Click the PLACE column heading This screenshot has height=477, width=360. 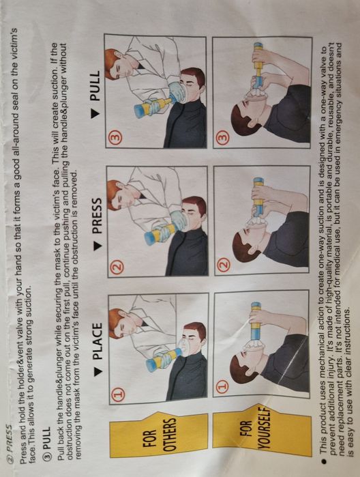click(x=97, y=341)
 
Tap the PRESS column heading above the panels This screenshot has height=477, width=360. click(x=97, y=216)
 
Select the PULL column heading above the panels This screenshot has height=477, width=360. click(x=95, y=86)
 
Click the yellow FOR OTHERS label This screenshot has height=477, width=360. click(x=158, y=434)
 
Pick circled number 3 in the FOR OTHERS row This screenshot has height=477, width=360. click(x=117, y=137)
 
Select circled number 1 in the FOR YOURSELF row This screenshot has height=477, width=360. click(x=223, y=386)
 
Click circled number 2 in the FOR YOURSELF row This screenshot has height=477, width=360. click(x=224, y=263)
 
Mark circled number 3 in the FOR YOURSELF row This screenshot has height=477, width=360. click(x=222, y=136)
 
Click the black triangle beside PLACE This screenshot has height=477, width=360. click(x=97, y=372)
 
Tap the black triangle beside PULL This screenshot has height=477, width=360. click(x=95, y=113)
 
